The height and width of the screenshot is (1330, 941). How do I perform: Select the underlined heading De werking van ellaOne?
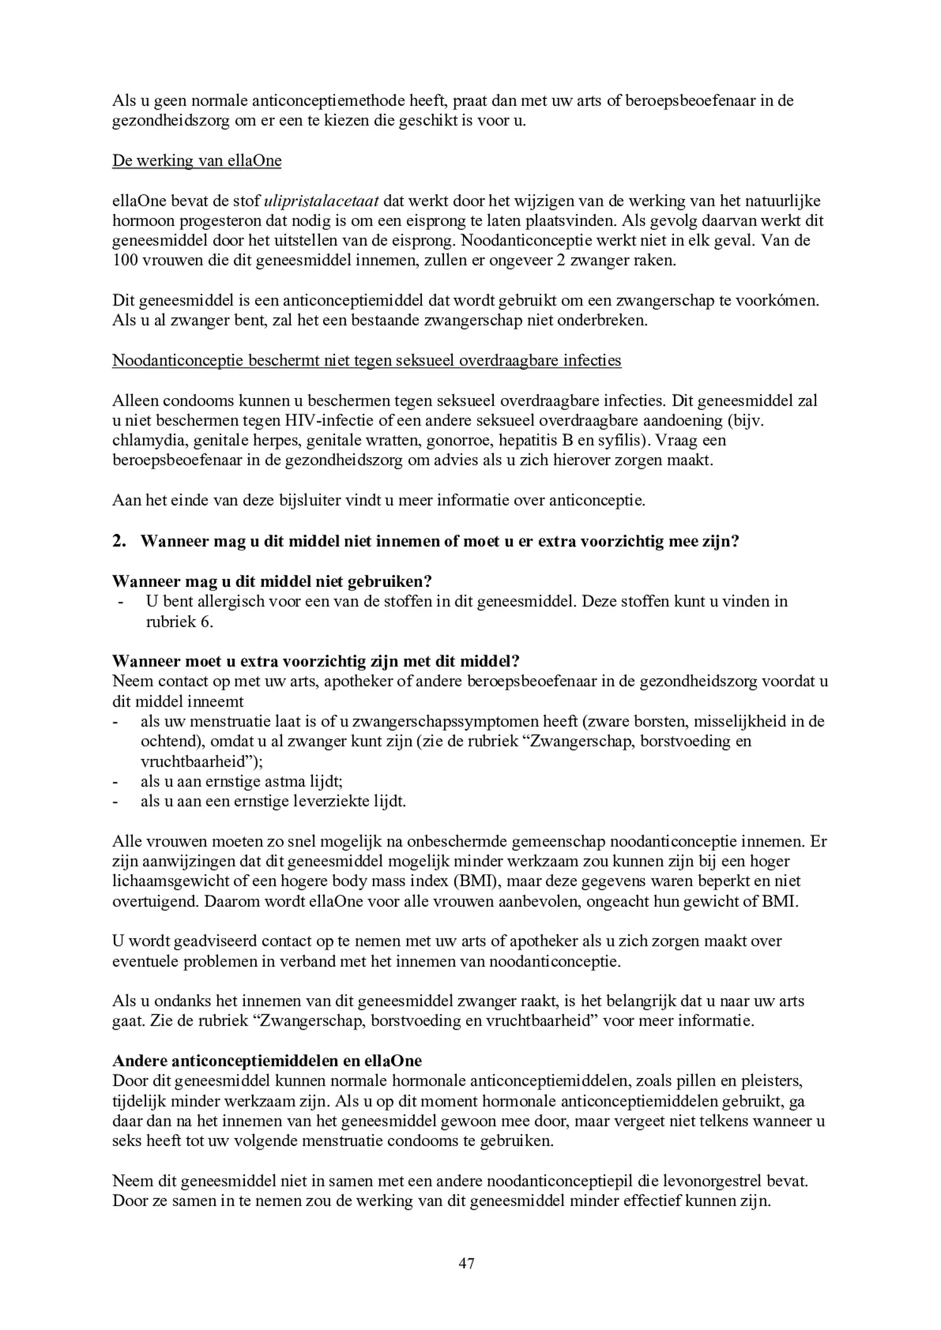[x=197, y=161]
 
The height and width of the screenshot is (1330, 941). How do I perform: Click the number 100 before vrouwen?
[x=125, y=261]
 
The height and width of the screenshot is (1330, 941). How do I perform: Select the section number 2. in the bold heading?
[x=119, y=542]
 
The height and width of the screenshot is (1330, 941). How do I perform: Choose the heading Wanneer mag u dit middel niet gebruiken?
[x=271, y=581]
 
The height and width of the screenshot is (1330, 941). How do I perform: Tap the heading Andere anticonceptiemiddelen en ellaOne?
[x=266, y=1060]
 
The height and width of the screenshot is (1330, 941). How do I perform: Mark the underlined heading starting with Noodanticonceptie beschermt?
[x=367, y=361]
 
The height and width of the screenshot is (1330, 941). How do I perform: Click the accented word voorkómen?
[x=782, y=300]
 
